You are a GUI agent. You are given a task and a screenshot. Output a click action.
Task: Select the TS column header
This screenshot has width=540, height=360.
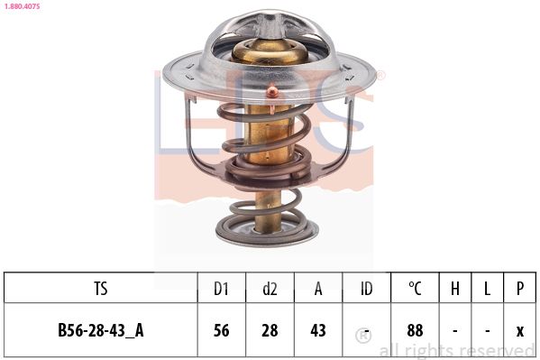pos(101,289)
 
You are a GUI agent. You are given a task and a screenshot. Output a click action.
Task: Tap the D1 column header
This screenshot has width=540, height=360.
pos(221,289)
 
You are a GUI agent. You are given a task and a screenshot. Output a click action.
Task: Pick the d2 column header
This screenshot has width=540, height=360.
pos(270,289)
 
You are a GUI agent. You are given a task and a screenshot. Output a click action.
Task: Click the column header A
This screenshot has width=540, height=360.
pos(317,289)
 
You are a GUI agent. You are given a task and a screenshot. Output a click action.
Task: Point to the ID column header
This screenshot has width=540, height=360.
pos(366,289)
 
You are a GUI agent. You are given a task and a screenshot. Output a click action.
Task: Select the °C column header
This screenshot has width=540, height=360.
pos(415,289)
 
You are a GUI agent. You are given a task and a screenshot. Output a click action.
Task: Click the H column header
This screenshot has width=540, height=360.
pos(455,289)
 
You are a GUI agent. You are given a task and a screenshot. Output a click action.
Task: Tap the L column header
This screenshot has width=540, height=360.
pos(488,289)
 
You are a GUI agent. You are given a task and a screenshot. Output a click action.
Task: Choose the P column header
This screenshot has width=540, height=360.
pos(520,289)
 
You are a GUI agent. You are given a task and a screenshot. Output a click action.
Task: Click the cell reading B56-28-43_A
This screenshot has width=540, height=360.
pos(101,330)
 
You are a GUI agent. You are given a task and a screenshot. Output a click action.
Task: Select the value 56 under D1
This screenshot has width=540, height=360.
pos(221,330)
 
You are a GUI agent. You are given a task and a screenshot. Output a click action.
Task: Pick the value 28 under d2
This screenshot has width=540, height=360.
pos(270,330)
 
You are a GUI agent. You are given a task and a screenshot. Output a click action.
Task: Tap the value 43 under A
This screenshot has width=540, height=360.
pos(317,330)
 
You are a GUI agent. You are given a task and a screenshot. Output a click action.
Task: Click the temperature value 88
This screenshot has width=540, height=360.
pos(415,330)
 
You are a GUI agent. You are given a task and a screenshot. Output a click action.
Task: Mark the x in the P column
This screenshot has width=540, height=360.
pos(520,330)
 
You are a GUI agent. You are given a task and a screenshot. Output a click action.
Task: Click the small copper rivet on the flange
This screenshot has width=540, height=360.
pos(271,89)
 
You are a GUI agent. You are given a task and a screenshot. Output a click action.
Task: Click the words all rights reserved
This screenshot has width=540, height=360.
pos(458,351)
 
